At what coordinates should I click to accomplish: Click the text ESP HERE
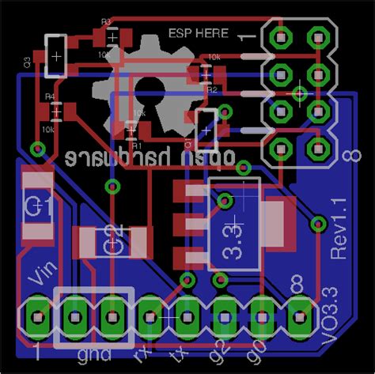click(x=198, y=33)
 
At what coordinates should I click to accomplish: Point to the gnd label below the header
click(x=94, y=353)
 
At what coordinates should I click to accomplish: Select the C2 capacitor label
click(x=113, y=240)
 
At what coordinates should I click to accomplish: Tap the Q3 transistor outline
click(x=56, y=55)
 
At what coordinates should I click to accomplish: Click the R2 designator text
click(x=211, y=91)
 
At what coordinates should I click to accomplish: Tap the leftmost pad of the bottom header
click(x=36, y=316)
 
